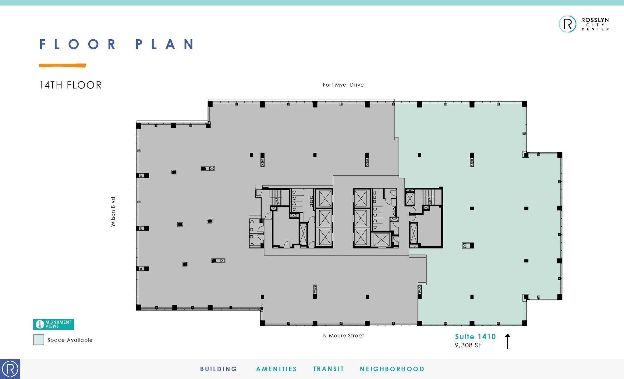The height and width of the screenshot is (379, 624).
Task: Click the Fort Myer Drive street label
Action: pyautogui.click(x=343, y=85)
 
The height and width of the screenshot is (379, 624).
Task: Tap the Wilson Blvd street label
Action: pyautogui.click(x=113, y=212)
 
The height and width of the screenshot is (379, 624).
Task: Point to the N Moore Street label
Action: pyautogui.click(x=343, y=335)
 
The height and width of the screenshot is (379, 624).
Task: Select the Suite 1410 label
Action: pyautogui.click(x=475, y=337)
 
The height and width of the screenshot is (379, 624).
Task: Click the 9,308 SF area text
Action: pyautogui.click(x=468, y=345)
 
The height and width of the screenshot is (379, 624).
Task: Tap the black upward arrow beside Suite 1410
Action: pyautogui.click(x=507, y=341)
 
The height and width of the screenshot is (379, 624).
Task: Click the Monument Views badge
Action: pyautogui.click(x=54, y=324)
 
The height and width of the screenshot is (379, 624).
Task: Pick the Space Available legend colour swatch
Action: pyautogui.click(x=39, y=340)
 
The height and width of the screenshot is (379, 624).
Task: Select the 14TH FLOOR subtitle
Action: pyautogui.click(x=71, y=85)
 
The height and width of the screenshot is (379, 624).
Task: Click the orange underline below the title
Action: pyautogui.click(x=62, y=65)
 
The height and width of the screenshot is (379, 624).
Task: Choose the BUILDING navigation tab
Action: pyautogui.click(x=218, y=369)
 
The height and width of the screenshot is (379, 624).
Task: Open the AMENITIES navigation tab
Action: pyautogui.click(x=276, y=369)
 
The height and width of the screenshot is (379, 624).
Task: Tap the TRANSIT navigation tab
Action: pyautogui.click(x=328, y=369)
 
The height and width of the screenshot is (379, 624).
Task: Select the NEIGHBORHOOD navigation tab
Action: pyautogui.click(x=392, y=369)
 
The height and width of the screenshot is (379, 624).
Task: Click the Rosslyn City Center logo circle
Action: pyautogui.click(x=567, y=24)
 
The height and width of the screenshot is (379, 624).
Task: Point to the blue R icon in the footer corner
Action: pyautogui.click(x=10, y=369)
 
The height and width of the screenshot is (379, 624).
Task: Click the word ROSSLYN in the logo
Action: pyautogui.click(x=595, y=20)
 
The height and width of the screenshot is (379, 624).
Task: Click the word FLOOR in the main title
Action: pyautogui.click(x=78, y=45)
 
